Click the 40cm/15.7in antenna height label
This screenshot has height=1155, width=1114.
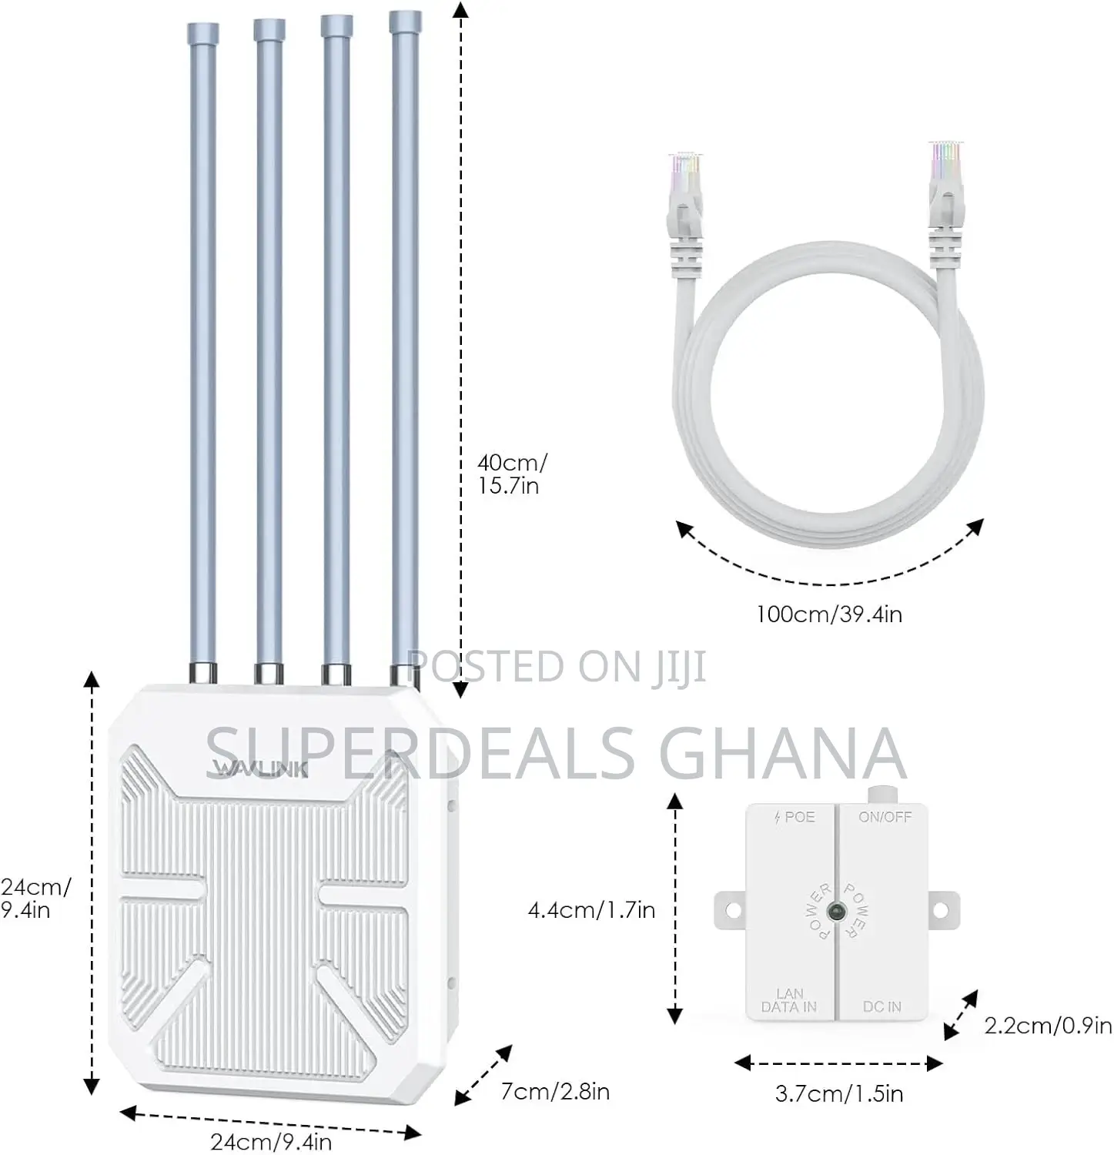[512, 474]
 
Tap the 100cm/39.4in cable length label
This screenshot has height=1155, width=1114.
[829, 614]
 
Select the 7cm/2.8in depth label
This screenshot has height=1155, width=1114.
[555, 1091]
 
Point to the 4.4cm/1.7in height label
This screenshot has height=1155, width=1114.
[591, 909]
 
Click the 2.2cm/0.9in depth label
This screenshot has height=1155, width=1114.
[1049, 1026]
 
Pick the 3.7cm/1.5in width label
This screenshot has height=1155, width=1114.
[839, 1093]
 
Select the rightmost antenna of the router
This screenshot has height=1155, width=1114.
[406, 346]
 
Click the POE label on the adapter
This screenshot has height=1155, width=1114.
[794, 817]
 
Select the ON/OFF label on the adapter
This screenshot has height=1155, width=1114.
[885, 817]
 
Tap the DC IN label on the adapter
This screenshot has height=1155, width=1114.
[882, 1006]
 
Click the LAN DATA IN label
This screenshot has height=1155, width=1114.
[789, 1000]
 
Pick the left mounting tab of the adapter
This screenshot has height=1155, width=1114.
[731, 910]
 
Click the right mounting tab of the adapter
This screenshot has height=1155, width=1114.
[944, 910]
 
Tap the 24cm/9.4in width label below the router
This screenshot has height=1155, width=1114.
[271, 1141]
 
